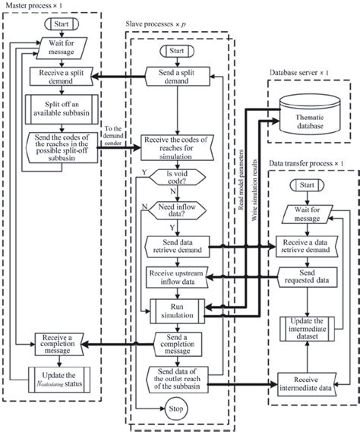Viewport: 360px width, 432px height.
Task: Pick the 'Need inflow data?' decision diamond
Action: pyautogui.click(x=178, y=210)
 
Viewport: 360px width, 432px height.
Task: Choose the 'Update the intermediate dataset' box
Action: pyautogui.click(x=308, y=330)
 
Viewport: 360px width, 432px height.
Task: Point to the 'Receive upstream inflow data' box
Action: pyautogui.click(x=178, y=277)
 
